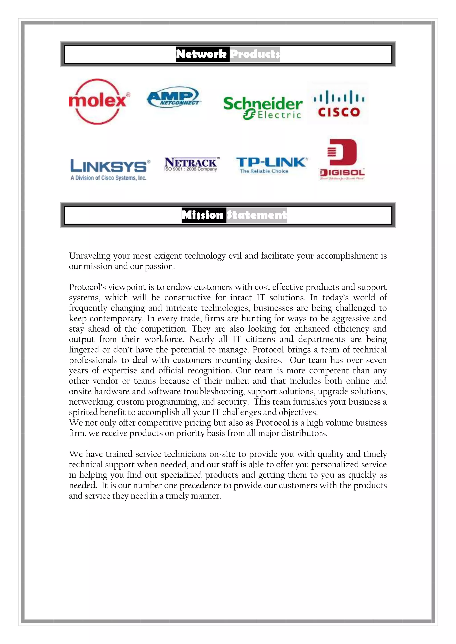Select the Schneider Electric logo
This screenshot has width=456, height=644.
pyautogui.click(x=263, y=108)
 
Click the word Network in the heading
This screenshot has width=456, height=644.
pyautogui.click(x=201, y=54)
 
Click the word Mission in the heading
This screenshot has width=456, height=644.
pyautogui.click(x=203, y=215)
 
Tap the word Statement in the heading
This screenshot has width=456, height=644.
pyautogui.click(x=257, y=215)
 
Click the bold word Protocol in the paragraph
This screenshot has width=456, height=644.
pyautogui.click(x=273, y=422)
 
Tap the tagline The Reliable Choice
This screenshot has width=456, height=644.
pyautogui.click(x=264, y=171)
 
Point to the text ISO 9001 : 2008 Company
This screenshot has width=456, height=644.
pyautogui.click(x=191, y=169)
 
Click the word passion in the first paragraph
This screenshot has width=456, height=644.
pyautogui.click(x=159, y=266)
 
